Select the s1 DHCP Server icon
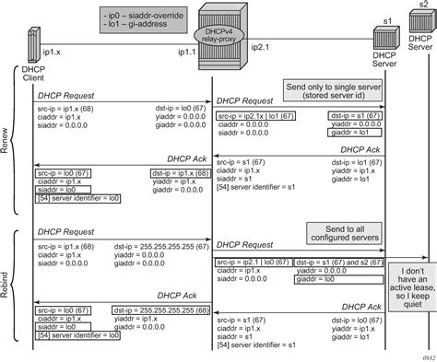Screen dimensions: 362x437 click(384, 42)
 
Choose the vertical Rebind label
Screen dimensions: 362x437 click(8, 276)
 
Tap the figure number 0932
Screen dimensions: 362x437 click(423, 354)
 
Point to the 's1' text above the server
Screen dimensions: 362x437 click(386, 20)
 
